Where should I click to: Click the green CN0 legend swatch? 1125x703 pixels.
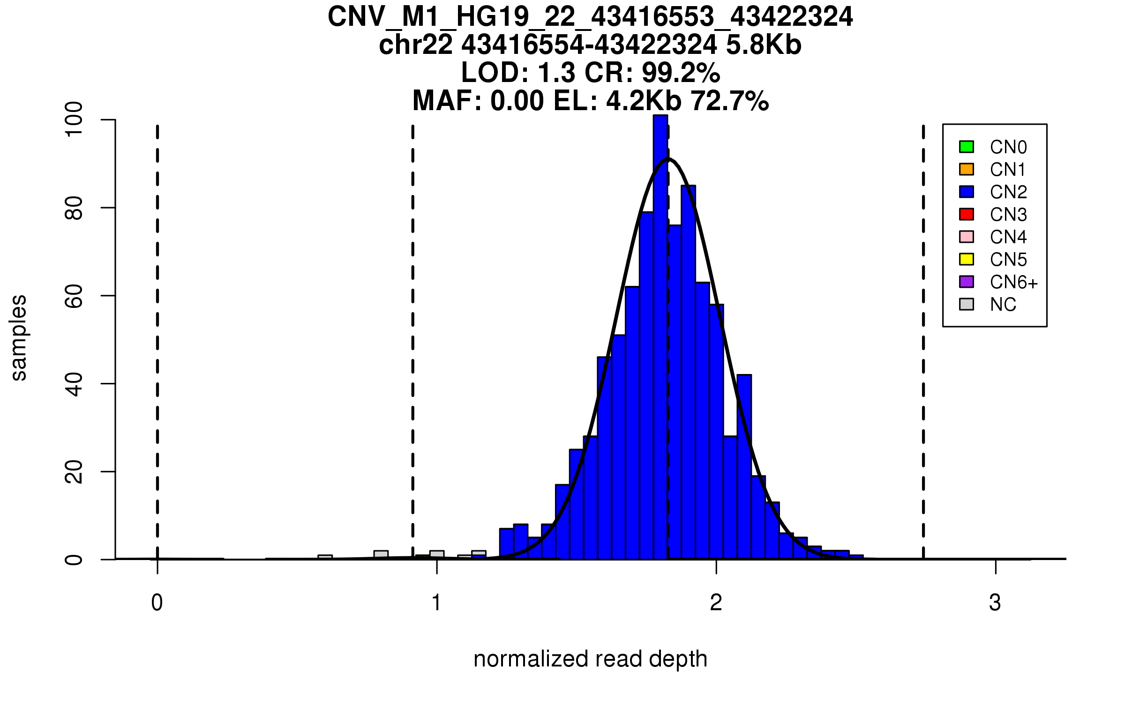click(x=966, y=147)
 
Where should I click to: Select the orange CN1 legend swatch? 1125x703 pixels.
click(x=966, y=169)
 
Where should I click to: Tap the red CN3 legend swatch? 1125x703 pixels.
click(x=966, y=214)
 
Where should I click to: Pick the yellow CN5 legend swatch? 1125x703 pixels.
click(x=966, y=259)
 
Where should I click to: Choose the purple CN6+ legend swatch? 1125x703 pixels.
click(x=966, y=282)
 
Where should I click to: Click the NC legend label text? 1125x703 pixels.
click(x=1003, y=305)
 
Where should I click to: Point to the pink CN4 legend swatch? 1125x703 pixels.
click(x=966, y=237)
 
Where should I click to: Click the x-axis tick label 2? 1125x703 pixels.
click(x=716, y=603)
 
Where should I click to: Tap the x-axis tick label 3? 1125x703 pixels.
click(x=995, y=603)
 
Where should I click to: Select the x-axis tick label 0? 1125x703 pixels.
click(x=157, y=603)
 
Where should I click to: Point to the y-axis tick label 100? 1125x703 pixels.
click(x=74, y=120)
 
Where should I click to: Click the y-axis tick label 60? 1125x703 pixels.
click(x=74, y=296)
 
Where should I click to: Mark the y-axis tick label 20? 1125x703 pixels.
click(x=74, y=471)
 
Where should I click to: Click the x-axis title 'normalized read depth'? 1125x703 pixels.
click(x=590, y=659)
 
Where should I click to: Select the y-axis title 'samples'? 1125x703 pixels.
click(x=19, y=337)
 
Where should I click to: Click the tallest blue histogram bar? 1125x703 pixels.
click(x=660, y=337)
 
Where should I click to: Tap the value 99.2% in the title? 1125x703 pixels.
click(x=681, y=73)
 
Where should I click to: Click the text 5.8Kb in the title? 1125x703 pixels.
click(x=764, y=45)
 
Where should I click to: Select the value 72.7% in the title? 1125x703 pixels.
click(x=730, y=101)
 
